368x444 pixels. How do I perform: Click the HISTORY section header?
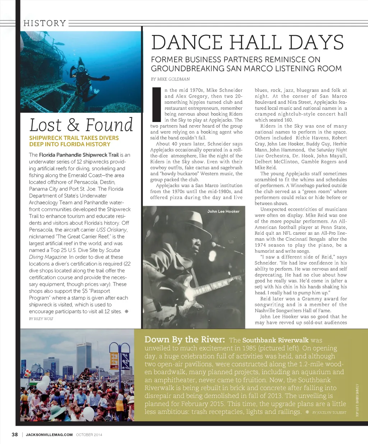click(x=45, y=23)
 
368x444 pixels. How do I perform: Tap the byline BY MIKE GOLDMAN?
click(x=170, y=79)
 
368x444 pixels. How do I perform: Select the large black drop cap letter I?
click(x=156, y=104)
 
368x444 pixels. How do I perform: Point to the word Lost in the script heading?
click(x=46, y=125)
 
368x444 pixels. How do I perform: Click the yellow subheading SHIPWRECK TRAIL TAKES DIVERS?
click(x=74, y=138)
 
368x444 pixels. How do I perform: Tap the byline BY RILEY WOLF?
click(x=41, y=319)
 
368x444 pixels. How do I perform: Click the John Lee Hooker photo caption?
click(x=223, y=211)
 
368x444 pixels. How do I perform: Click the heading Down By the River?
click(x=184, y=340)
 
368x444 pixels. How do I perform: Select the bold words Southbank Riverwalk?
click(x=275, y=340)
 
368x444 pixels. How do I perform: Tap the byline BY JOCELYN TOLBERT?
click(x=329, y=413)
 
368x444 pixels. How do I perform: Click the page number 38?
click(x=15, y=434)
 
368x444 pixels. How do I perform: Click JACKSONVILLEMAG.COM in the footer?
click(x=49, y=435)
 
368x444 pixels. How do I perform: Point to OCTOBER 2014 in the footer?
click(x=89, y=435)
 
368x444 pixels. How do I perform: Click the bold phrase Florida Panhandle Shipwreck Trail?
click(x=79, y=155)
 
